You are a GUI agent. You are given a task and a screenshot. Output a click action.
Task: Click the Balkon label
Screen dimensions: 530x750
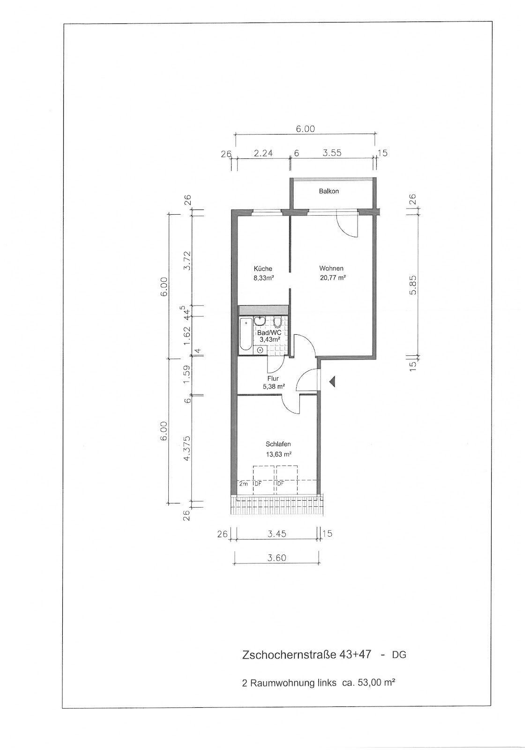click(x=328, y=191)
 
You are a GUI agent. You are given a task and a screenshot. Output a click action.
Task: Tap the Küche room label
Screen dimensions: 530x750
click(x=263, y=269)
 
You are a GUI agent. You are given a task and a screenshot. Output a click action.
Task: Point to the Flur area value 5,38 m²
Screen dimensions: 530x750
click(x=274, y=386)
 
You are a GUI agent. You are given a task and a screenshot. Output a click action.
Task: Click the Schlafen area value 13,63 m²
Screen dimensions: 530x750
click(x=278, y=454)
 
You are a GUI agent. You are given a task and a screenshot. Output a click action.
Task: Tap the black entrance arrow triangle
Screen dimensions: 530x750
click(x=332, y=382)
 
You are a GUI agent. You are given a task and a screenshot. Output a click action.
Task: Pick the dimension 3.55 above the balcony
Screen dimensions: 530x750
click(x=332, y=153)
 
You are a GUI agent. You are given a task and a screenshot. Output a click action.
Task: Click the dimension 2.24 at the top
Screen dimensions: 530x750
click(x=263, y=153)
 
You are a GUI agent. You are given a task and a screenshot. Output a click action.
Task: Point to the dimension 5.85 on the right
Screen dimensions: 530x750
click(x=413, y=285)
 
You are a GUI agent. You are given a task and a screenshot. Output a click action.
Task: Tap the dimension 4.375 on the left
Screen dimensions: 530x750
click(x=187, y=448)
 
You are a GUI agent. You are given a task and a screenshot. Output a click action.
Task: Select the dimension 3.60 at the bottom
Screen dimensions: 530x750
click(x=277, y=558)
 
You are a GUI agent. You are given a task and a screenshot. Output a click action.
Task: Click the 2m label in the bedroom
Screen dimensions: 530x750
click(x=243, y=483)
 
